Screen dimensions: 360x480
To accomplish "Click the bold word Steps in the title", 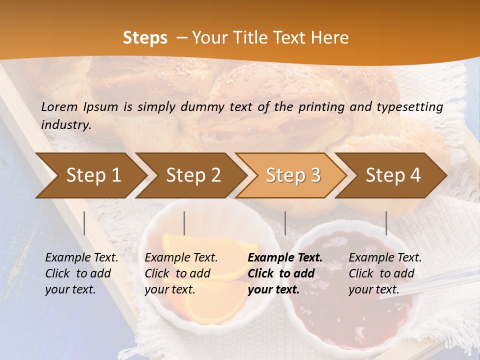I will pyautogui.click(x=145, y=38).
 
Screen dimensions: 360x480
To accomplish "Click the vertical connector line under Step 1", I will pyautogui.click(x=84, y=223).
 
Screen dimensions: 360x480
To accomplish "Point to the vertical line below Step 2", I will pyautogui.click(x=184, y=223).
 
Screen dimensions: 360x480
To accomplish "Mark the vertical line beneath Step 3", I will pyautogui.click(x=285, y=223).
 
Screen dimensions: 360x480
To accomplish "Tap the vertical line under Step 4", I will pyautogui.click(x=386, y=223).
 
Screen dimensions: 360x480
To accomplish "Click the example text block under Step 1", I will pyautogui.click(x=81, y=273).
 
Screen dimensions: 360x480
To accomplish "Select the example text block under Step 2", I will pyautogui.click(x=181, y=273).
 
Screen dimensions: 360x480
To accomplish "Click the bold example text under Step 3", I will pyautogui.click(x=285, y=273).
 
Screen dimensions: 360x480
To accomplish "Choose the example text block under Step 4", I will pyautogui.click(x=385, y=273).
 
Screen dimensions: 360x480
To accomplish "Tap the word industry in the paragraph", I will pyautogui.click(x=66, y=124).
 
